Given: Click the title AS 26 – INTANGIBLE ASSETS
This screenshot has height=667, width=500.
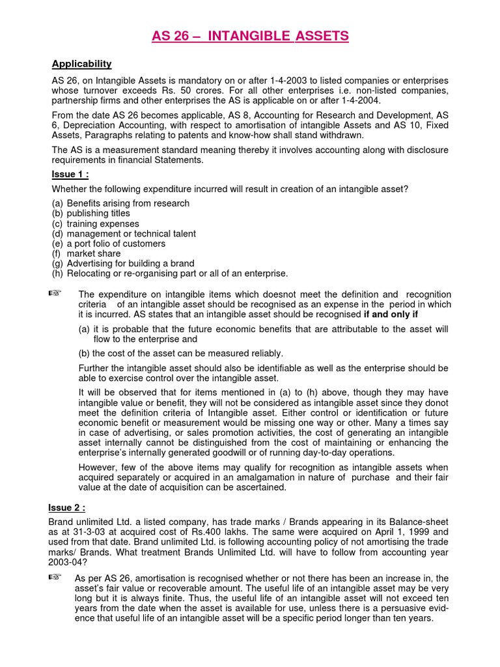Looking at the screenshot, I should (x=250, y=36).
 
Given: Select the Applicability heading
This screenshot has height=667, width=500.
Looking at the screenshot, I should (x=81, y=63).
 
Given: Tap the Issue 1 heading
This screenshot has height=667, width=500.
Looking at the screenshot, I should (x=70, y=174).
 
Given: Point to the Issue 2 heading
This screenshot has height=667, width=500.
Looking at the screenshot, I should (x=67, y=507).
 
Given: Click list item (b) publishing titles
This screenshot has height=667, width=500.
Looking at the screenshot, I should (x=90, y=213).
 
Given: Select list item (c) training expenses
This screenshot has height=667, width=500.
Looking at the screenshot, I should (x=95, y=223).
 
